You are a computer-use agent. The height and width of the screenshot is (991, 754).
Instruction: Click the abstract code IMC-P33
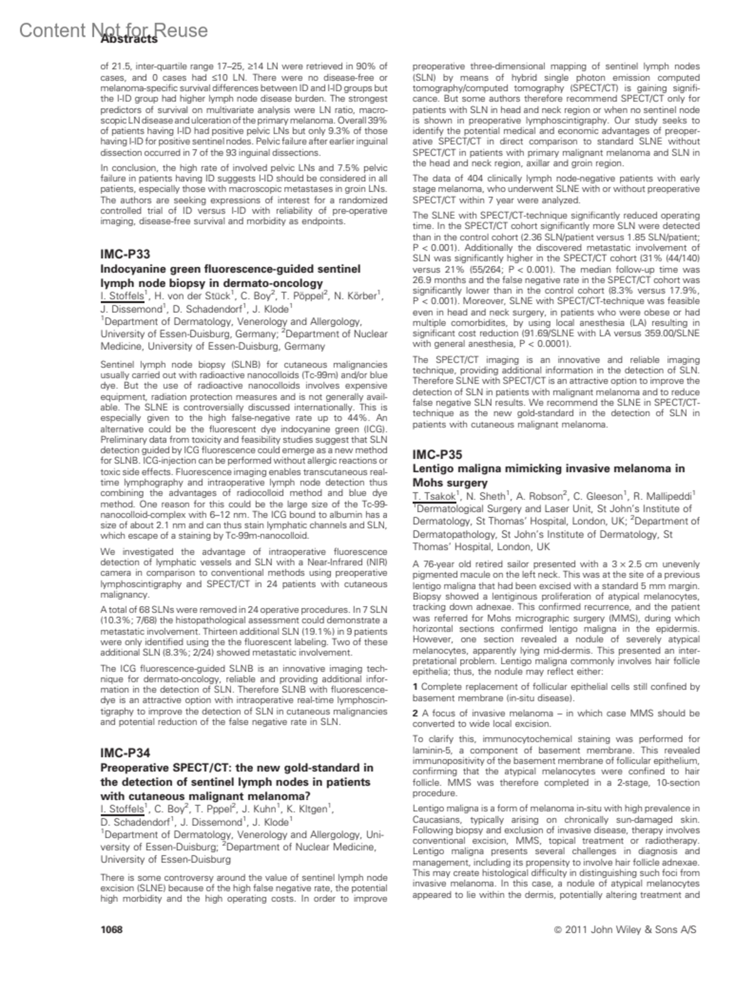coord(125,254)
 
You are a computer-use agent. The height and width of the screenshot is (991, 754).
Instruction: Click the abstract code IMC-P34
coord(125,753)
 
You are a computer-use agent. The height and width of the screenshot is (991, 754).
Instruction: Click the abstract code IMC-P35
coord(437,454)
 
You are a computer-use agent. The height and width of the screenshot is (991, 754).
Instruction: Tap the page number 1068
coord(112,929)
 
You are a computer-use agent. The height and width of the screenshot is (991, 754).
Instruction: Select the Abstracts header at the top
coord(129,39)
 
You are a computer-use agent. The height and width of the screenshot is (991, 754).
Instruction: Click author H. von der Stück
coord(194,296)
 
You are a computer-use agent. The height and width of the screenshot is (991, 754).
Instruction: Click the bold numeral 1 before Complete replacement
coord(415,687)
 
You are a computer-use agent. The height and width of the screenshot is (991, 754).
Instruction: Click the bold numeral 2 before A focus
coord(415,713)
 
